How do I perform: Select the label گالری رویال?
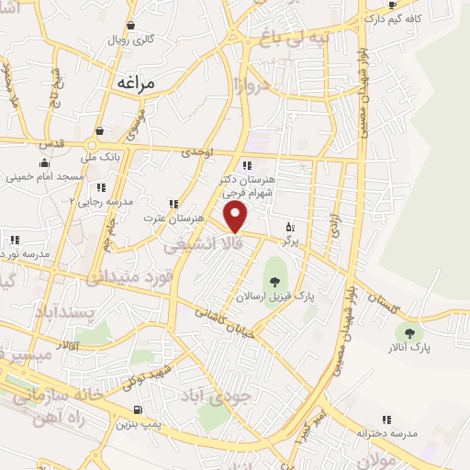click(x=132, y=40)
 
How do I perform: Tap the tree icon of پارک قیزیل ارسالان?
click(x=275, y=267)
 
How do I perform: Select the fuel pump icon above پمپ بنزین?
click(x=138, y=409)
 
